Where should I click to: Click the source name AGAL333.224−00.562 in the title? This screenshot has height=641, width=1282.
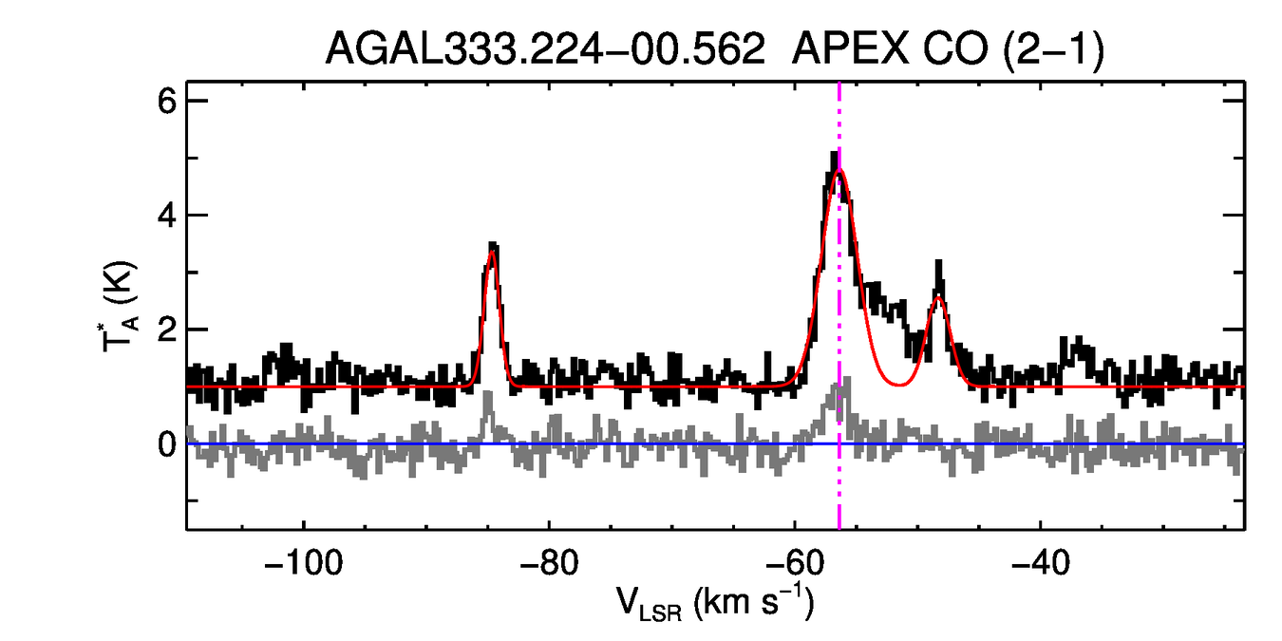(545, 49)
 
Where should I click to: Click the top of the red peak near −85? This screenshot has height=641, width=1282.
(492, 251)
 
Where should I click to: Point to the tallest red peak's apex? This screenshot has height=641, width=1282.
(839, 171)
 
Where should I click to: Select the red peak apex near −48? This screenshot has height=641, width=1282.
(938, 297)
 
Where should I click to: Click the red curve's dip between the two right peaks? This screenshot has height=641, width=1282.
(900, 384)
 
